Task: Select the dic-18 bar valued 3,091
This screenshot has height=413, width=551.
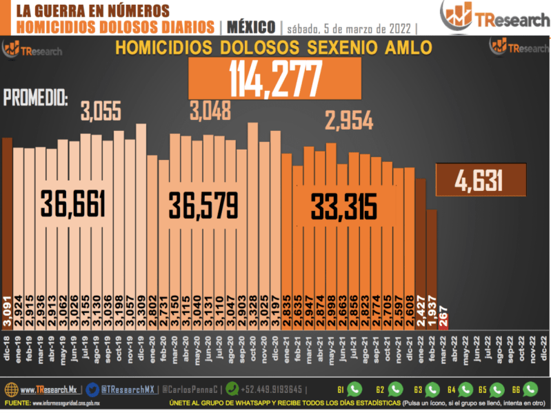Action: click(x=8, y=228)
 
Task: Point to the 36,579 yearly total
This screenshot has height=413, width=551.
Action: click(x=203, y=204)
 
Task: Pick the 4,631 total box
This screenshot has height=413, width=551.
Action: click(x=480, y=181)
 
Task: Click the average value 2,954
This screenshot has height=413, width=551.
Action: click(x=349, y=122)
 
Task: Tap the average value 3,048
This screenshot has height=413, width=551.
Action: click(x=213, y=110)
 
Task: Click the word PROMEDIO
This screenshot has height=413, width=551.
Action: click(x=36, y=98)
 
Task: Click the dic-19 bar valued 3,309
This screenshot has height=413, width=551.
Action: click(x=141, y=221)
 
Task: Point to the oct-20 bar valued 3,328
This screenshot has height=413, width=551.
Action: click(x=252, y=221)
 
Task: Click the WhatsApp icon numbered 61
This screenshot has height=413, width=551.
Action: click(x=354, y=389)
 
